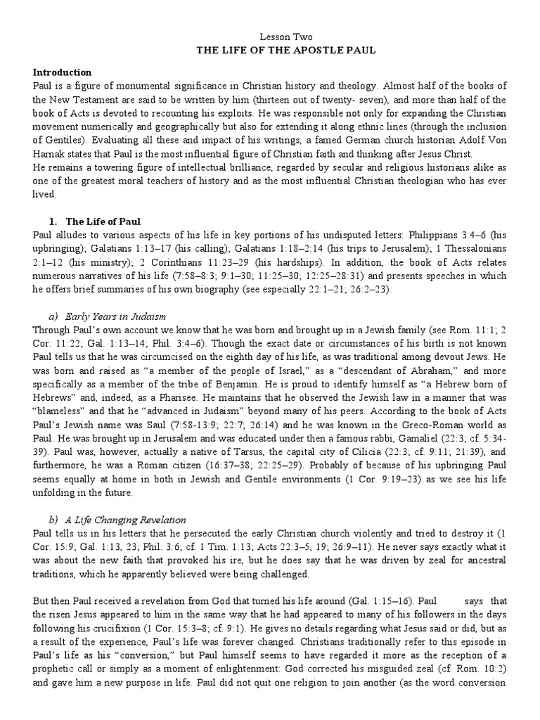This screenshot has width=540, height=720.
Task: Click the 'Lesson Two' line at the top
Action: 286,37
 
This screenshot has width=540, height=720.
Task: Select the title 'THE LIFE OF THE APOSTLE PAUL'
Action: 286,51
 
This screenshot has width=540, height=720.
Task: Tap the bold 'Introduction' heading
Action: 63,72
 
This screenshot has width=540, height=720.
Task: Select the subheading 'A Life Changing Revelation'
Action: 133,520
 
